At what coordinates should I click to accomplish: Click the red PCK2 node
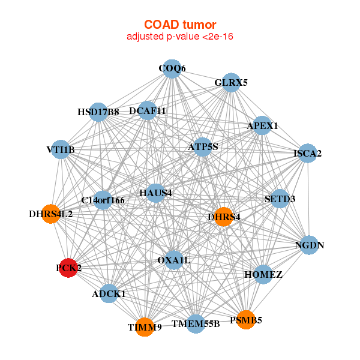pos(69,268)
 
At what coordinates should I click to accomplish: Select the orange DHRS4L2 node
pos(51,214)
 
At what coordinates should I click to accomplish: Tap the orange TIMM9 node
pos(145,327)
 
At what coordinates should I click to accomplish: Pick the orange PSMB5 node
pos(245,320)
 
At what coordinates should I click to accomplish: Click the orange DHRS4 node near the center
pos(224,217)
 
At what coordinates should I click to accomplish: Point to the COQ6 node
pos(172,68)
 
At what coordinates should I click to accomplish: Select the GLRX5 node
pos(231,83)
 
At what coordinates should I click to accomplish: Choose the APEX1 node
pos(262,126)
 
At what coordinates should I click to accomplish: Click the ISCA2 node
pos(307,154)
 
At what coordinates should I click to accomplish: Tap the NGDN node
pos(309,245)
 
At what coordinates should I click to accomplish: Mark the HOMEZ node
pos(263,274)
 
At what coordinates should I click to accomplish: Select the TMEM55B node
pos(196,324)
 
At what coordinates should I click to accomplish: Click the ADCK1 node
pos(109,293)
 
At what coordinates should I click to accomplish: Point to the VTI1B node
pos(61,149)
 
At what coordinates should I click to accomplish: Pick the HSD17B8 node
pos(98,112)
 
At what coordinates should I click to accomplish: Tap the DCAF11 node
pos(148,111)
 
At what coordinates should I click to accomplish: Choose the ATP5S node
pos(203,146)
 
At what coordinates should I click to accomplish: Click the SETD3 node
pos(280,199)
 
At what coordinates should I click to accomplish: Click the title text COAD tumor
pos(180,25)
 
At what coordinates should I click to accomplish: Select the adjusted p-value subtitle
pos(180,37)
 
